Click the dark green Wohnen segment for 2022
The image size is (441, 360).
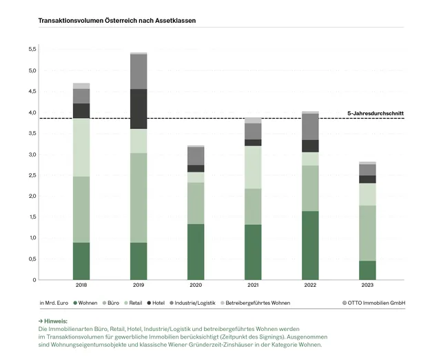tap(310, 245)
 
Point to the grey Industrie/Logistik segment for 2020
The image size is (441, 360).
tap(196, 156)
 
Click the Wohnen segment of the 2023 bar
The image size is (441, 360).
tap(367, 270)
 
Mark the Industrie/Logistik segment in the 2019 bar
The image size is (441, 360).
tap(139, 72)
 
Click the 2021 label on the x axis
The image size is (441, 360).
tap(253, 286)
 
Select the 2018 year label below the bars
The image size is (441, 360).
tap(81, 286)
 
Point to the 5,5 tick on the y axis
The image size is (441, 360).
tap(32, 50)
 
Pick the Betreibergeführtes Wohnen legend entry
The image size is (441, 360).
tap(258, 303)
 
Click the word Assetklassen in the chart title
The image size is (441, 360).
tap(176, 21)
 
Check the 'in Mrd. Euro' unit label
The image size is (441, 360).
tap(53, 303)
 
